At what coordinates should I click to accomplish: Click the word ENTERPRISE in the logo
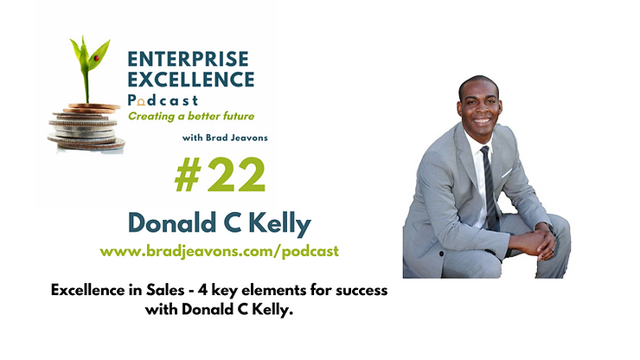[x=189, y=59]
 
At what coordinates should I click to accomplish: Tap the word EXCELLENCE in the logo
[x=191, y=80]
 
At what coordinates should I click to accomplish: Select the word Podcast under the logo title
[x=163, y=100]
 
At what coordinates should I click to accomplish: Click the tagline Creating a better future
[x=191, y=117]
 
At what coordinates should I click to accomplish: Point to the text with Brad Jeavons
[x=225, y=138]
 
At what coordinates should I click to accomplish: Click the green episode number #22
[x=220, y=175]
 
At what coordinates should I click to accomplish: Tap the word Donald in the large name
[x=172, y=222]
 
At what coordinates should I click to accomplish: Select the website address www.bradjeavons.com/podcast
[x=219, y=251]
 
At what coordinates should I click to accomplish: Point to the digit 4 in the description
[x=203, y=290]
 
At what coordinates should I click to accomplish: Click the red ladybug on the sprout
[x=97, y=58]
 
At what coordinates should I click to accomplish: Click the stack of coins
[x=86, y=127]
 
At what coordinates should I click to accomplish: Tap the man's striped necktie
[x=490, y=188]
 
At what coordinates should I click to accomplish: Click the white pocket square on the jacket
[x=507, y=173]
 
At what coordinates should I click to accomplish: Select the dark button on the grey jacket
[x=442, y=254]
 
